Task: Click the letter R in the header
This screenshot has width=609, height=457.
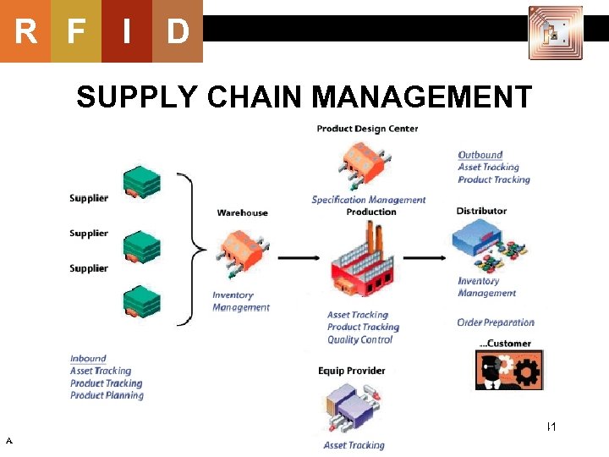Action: point(25,31)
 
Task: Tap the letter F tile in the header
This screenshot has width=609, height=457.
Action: point(76,31)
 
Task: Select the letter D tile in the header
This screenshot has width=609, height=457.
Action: point(177,31)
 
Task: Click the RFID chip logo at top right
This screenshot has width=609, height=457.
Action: point(556,33)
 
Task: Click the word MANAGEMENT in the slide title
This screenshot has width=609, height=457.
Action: point(422,97)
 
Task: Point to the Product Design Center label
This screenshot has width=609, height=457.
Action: point(367,129)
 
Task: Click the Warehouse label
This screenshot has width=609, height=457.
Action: point(242,212)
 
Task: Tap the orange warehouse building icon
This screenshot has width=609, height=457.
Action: point(243,251)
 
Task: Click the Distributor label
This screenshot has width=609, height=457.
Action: point(481,211)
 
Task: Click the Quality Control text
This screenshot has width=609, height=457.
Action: point(359,339)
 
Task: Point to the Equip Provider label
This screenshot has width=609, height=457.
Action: point(351,371)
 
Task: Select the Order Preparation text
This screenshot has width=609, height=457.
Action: point(496,322)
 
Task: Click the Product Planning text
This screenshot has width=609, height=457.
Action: point(107,395)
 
